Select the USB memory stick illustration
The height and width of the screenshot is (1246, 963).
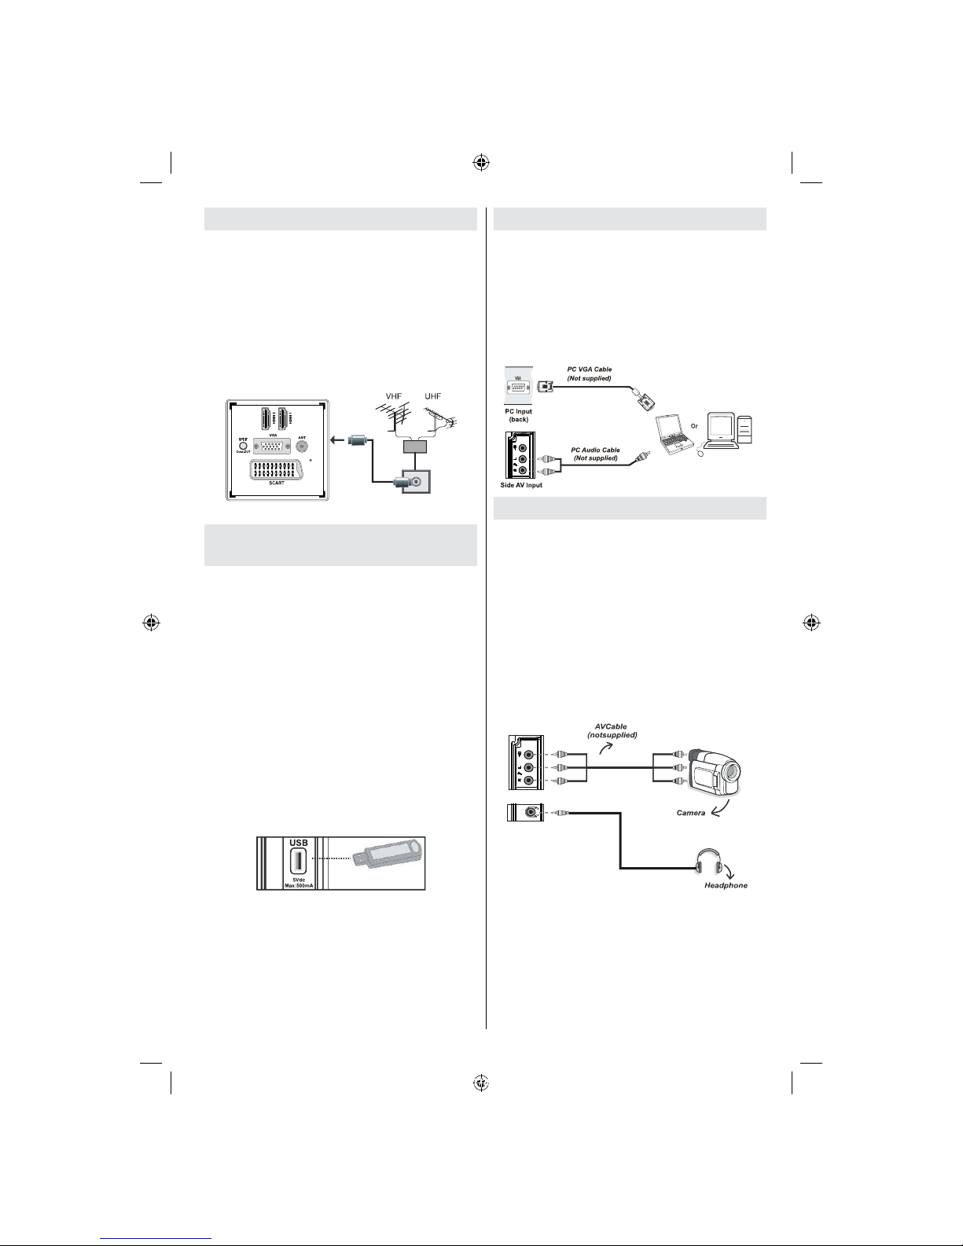click(389, 861)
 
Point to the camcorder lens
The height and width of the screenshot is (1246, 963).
click(730, 776)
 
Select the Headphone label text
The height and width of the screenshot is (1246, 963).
click(726, 885)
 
